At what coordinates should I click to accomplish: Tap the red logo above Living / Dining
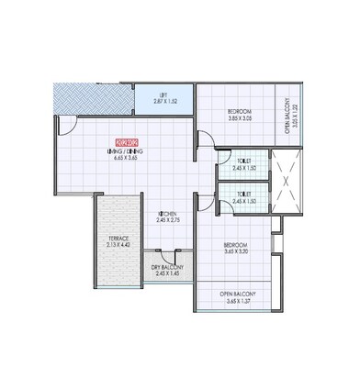click(x=124, y=142)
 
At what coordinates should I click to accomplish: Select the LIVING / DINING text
click(x=124, y=150)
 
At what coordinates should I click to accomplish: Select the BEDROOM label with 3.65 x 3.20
click(x=234, y=246)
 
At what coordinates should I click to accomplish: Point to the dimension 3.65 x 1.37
click(x=237, y=301)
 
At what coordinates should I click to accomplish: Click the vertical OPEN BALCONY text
click(x=287, y=117)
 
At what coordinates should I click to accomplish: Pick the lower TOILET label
click(x=243, y=194)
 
